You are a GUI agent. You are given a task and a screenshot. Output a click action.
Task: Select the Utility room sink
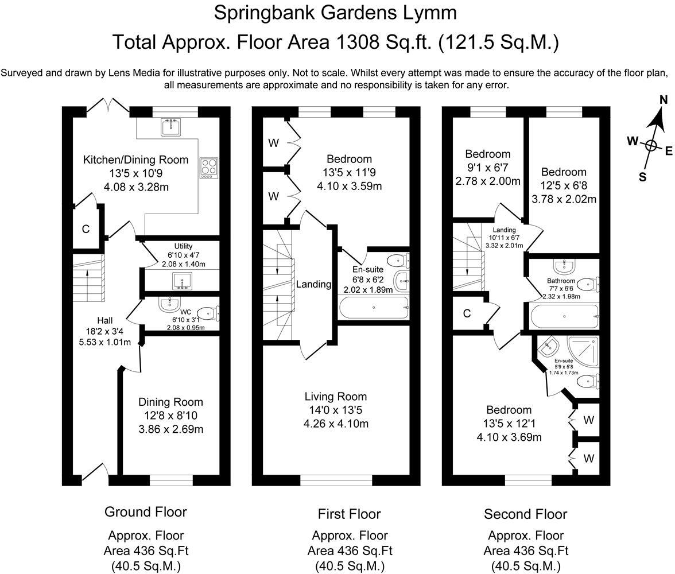click(180, 281)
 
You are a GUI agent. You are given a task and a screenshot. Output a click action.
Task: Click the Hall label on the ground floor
click(104, 320)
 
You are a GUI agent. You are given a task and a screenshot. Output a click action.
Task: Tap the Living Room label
click(336, 397)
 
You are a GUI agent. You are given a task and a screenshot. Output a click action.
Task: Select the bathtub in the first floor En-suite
click(374, 308)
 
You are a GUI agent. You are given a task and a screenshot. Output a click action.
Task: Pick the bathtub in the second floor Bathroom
click(565, 316)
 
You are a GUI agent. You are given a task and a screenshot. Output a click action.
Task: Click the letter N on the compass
click(664, 100)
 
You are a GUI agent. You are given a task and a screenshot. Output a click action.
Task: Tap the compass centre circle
click(651, 145)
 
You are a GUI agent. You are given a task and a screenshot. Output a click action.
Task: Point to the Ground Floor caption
click(146, 511)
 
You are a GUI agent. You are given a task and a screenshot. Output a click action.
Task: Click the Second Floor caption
click(525, 514)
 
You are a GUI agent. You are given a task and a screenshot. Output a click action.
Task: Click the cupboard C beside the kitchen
click(86, 230)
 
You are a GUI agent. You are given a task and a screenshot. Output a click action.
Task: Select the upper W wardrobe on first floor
click(273, 143)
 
